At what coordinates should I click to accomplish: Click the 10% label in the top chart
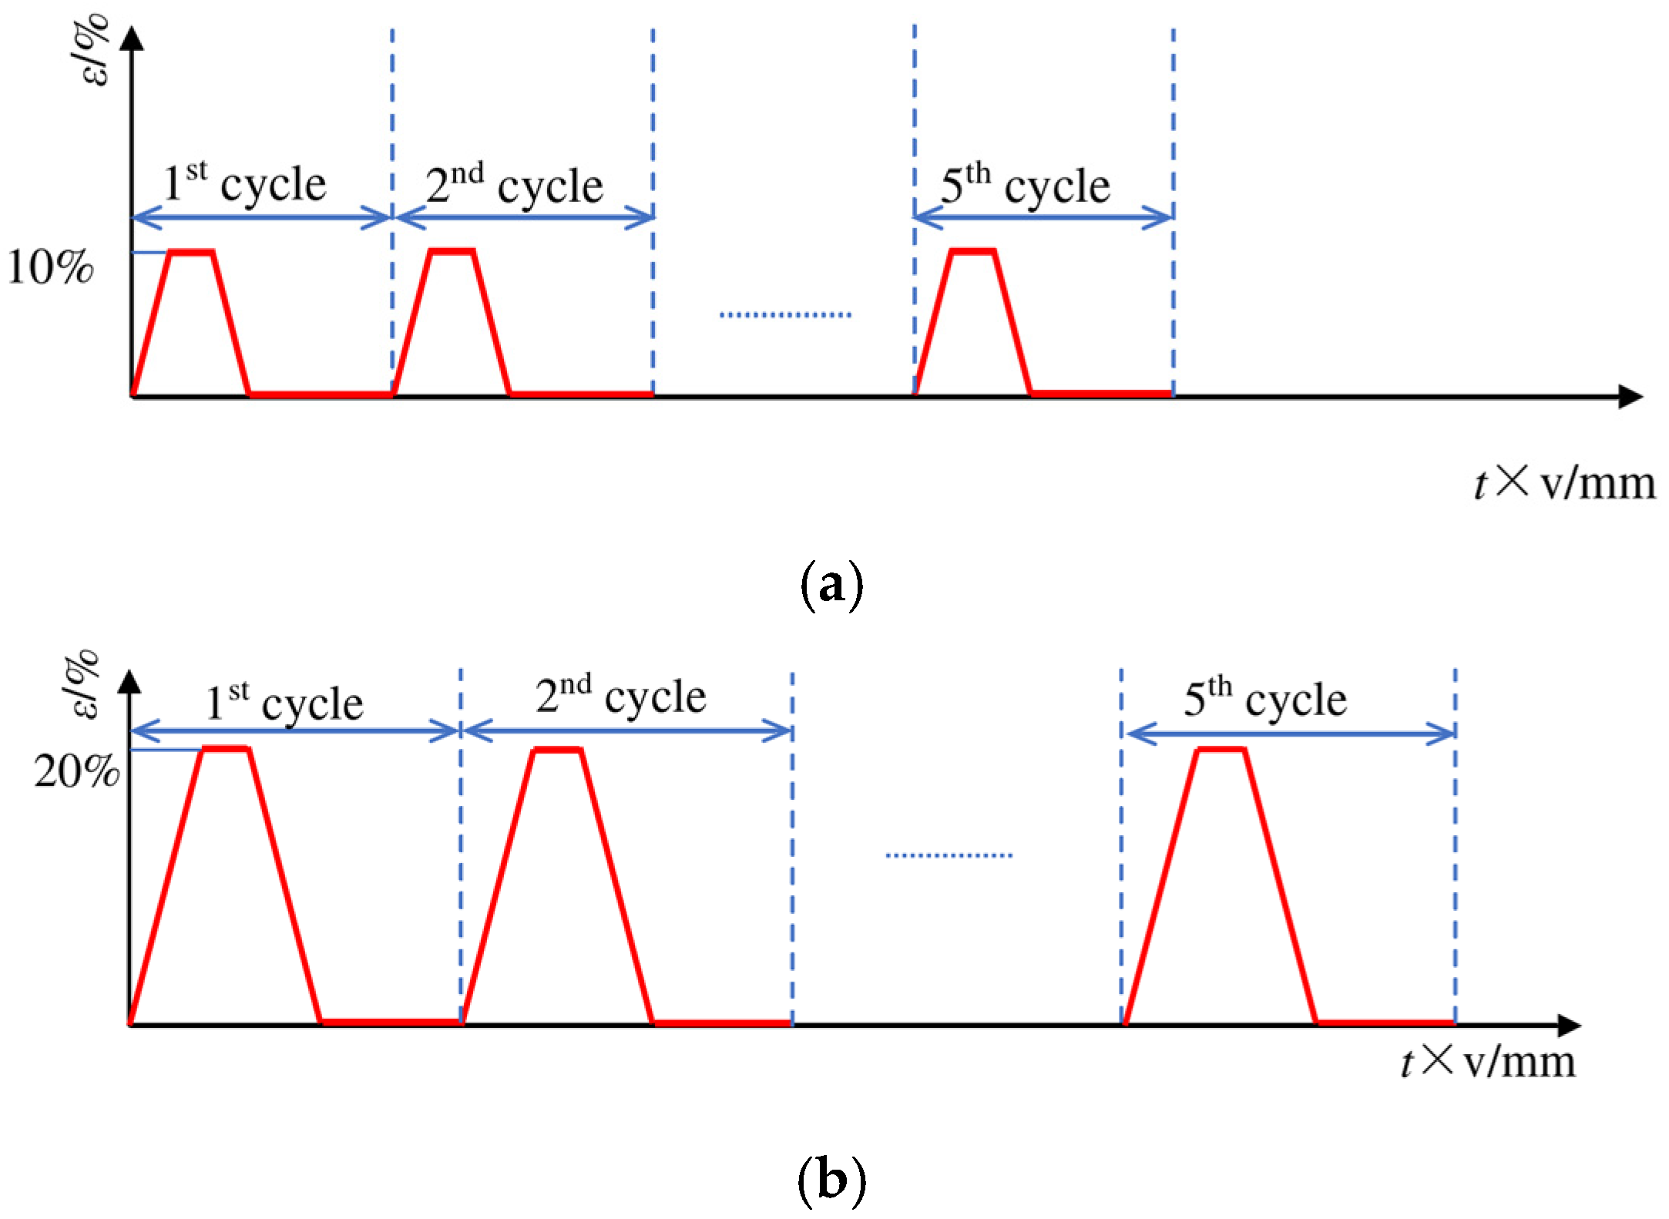coord(51,270)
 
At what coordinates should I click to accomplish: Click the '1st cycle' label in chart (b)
coord(284,701)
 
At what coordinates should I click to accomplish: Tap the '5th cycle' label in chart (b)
coord(1265,698)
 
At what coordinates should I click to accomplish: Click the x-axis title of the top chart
coord(1564,484)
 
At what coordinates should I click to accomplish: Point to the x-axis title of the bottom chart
coord(1487,1062)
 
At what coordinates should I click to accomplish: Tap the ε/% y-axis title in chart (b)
coord(89,682)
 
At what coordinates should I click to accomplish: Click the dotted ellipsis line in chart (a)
coord(785,314)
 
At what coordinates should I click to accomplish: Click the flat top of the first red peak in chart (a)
coord(190,252)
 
